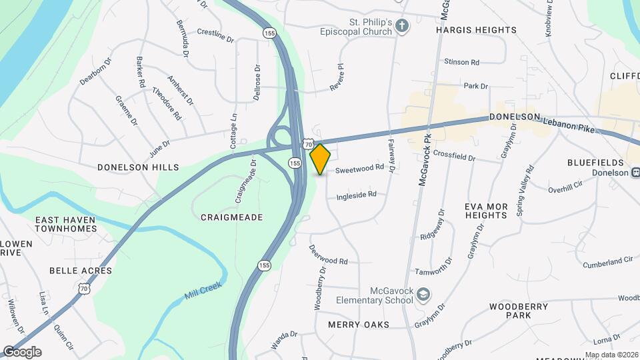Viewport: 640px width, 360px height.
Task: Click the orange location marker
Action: pyautogui.click(x=320, y=159)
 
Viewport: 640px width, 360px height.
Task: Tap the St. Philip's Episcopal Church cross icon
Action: pyautogui.click(x=401, y=26)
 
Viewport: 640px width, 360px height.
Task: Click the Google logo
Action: pyautogui.click(x=22, y=352)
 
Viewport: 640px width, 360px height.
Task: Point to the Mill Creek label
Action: pyautogui.click(x=203, y=291)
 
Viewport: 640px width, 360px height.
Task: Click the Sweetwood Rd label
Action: pyautogui.click(x=360, y=169)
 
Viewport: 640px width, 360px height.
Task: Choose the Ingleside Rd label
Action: pyautogui.click(x=357, y=195)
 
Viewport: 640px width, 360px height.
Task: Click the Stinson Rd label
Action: pyautogui.click(x=462, y=62)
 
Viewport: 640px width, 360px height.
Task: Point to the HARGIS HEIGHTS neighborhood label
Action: pyautogui.click(x=476, y=30)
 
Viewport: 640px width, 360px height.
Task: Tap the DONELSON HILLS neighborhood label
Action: pyautogui.click(x=138, y=167)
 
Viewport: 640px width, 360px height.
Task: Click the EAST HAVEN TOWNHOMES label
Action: pyautogui.click(x=65, y=224)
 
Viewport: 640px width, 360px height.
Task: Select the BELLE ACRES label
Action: pyautogui.click(x=81, y=271)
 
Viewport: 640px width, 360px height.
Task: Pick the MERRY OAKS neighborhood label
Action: pyautogui.click(x=367, y=324)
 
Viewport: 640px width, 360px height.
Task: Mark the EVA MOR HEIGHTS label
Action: pyautogui.click(x=486, y=211)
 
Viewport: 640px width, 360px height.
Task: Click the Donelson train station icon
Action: pyautogui.click(x=634, y=173)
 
